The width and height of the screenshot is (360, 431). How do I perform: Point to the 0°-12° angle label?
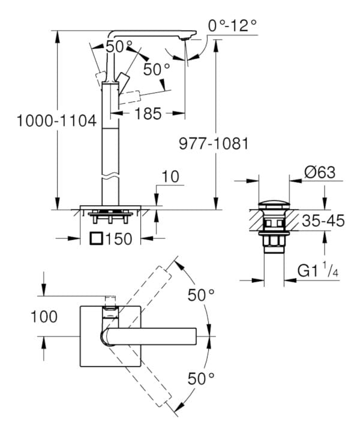click(232, 25)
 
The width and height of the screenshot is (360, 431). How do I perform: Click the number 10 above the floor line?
click(170, 176)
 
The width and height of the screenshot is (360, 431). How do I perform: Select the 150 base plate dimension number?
click(119, 239)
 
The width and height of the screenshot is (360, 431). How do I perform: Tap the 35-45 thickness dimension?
click(323, 221)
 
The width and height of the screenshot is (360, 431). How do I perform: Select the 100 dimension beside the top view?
click(44, 317)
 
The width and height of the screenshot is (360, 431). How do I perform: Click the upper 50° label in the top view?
click(200, 295)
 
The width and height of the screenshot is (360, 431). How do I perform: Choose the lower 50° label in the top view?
click(200, 378)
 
